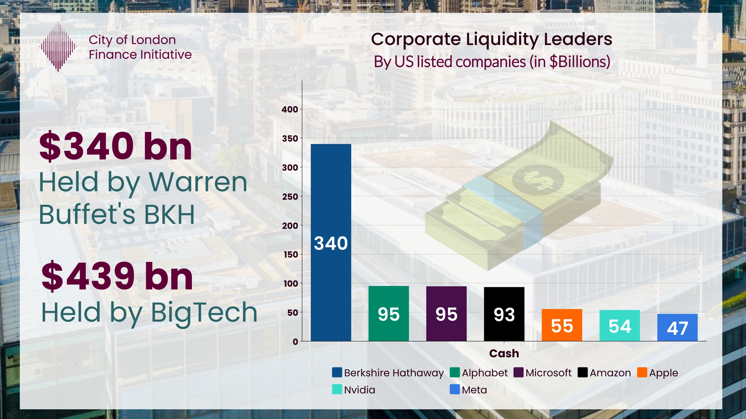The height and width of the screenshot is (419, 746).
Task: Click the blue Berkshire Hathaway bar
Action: (331, 242)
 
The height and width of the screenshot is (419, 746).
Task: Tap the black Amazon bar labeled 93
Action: (504, 314)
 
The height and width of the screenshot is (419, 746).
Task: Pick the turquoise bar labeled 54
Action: (619, 326)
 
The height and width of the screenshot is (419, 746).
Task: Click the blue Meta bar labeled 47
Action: (677, 327)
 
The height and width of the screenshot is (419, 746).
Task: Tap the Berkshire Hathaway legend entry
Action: (388, 372)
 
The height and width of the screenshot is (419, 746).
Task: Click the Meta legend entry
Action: (468, 390)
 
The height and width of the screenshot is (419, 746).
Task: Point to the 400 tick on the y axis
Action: (290, 109)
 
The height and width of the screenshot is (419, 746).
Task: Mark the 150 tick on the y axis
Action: (291, 255)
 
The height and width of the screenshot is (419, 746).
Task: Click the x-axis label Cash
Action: (504, 353)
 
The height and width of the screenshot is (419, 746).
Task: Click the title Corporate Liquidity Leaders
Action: (492, 39)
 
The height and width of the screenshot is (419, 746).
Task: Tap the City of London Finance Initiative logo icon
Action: (58, 47)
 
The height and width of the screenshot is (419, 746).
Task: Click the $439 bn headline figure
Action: (117, 276)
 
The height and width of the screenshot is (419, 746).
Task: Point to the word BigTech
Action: (204, 312)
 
